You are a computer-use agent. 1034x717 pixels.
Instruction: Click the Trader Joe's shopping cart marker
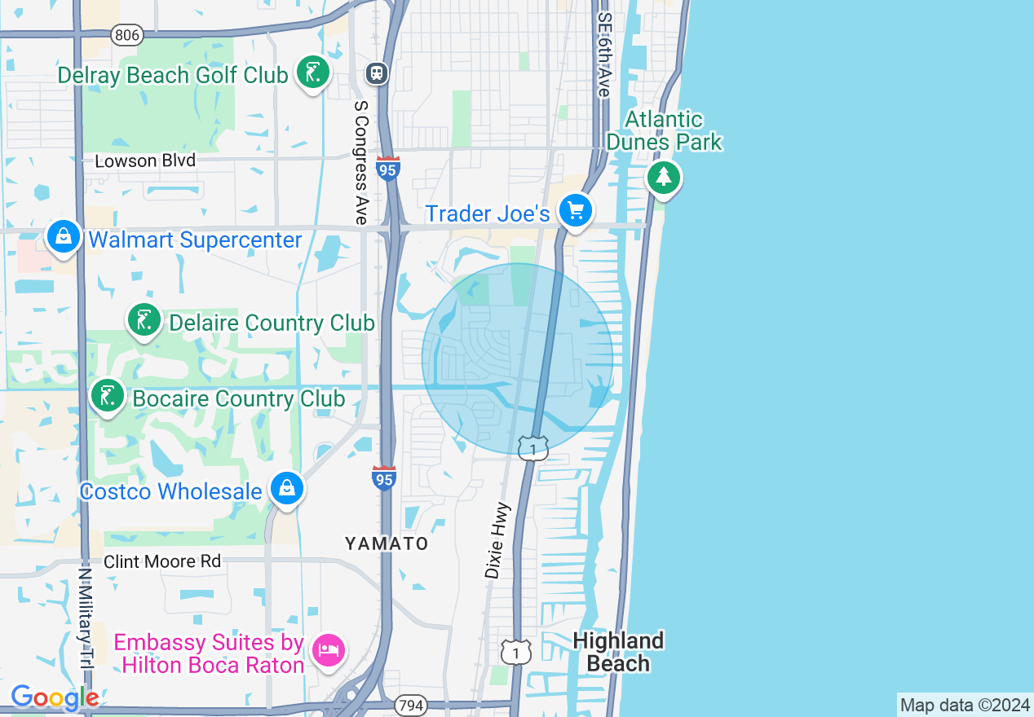coord(576,212)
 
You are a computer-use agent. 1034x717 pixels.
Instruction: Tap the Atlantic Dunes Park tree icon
coord(664,177)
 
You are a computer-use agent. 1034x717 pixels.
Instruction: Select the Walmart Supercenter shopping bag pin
coord(64,237)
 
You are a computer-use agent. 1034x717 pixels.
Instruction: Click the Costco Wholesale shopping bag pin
coord(287,488)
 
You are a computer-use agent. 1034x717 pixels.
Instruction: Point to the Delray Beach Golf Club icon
coord(312,73)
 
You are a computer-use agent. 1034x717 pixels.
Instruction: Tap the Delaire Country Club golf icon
coord(144,320)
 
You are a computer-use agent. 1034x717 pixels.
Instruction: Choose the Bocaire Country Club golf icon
coord(107,396)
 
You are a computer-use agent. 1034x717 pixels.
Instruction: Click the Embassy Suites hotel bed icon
coord(329,650)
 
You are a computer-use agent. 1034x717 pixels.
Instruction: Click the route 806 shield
coord(127,34)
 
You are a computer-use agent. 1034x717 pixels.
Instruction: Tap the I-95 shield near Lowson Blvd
coord(388,169)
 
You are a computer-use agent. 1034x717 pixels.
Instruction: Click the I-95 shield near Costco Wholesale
coord(383,477)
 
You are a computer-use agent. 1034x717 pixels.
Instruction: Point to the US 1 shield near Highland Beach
coord(516,652)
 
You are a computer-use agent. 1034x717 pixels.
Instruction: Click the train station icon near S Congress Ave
coord(377,73)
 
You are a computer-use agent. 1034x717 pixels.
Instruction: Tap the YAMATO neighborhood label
coord(387,543)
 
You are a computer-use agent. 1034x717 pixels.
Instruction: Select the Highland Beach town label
coord(618,652)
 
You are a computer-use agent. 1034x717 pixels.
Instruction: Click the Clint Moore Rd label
coord(162,561)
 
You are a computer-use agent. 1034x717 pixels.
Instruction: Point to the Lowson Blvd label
coord(145,161)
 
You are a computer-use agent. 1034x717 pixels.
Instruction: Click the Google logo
coord(54,698)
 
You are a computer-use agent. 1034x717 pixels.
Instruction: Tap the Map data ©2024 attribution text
coord(964,705)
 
